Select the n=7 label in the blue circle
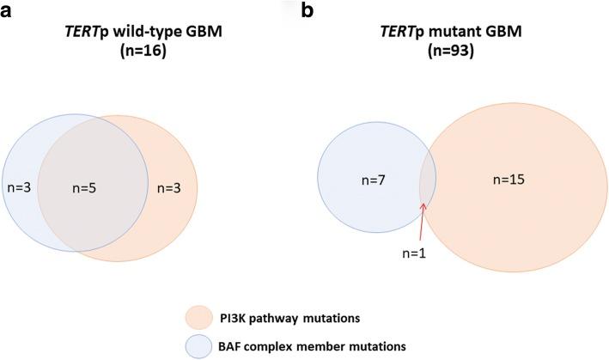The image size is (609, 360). (370, 180)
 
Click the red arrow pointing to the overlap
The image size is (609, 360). (423, 219)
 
